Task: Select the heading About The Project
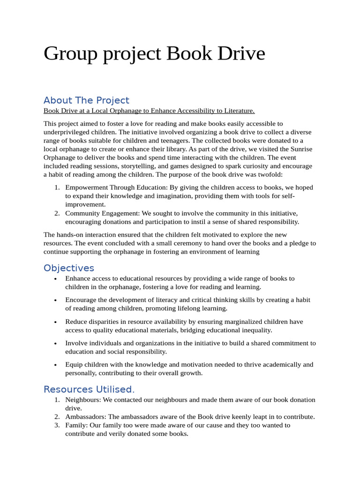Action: [86, 100]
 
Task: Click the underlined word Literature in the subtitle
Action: [238, 111]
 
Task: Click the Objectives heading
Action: [69, 268]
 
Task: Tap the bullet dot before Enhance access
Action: [56, 279]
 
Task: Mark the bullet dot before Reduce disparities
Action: [56, 322]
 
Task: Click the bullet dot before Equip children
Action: [56, 365]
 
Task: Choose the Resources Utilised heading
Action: [89, 390]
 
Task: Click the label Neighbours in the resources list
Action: [82, 400]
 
